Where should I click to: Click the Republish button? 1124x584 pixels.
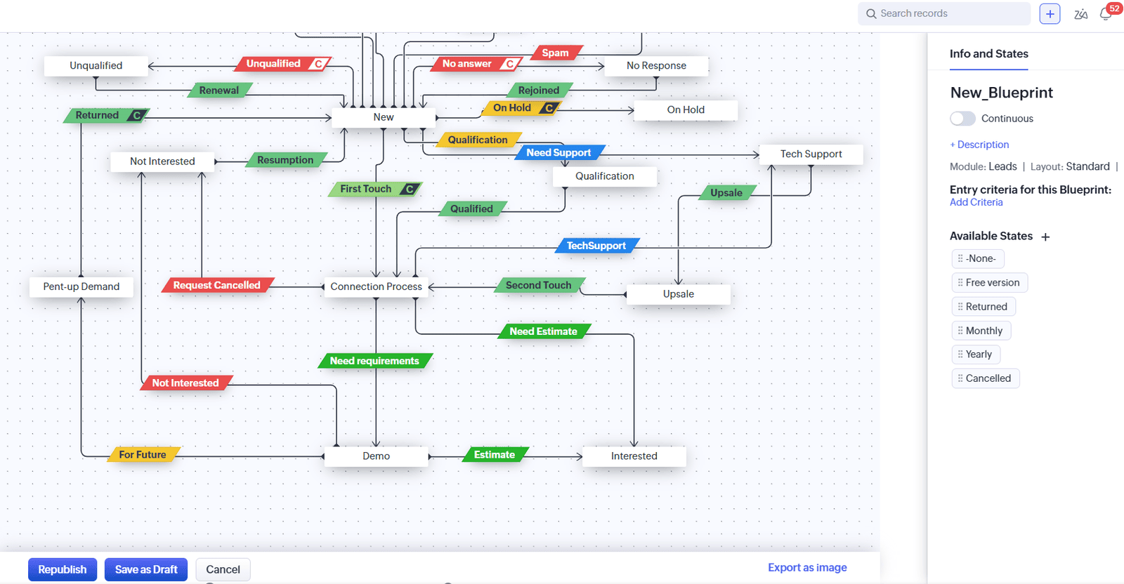click(62, 569)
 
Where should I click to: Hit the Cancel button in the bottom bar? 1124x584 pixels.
click(223, 569)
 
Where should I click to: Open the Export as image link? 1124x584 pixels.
click(807, 567)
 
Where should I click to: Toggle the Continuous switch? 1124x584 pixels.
click(962, 119)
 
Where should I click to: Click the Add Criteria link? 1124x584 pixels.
click(976, 202)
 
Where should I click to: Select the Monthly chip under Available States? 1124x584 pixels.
click(981, 331)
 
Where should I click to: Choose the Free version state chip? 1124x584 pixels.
click(990, 282)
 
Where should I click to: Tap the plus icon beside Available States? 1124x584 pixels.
click(1045, 237)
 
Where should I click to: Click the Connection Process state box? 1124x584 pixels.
click(376, 286)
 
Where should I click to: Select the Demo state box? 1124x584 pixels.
click(376, 456)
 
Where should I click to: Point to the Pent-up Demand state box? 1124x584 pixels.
click(81, 286)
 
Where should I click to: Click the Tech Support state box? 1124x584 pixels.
click(811, 154)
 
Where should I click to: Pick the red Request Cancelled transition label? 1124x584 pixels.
click(216, 285)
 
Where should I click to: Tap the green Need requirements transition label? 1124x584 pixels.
click(374, 361)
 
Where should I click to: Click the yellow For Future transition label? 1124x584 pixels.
click(143, 455)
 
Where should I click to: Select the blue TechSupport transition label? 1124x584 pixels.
click(596, 246)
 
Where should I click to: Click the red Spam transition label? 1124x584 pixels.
click(555, 53)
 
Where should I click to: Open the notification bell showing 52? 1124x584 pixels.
click(1106, 14)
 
